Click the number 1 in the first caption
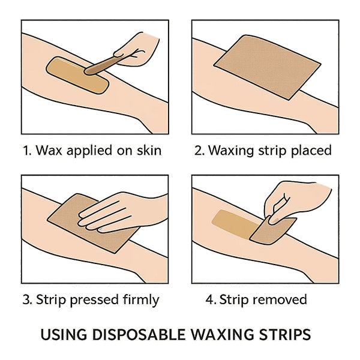[26, 150]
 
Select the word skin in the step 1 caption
[148, 150]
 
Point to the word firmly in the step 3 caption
[139, 299]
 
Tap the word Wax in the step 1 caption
[48, 150]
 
